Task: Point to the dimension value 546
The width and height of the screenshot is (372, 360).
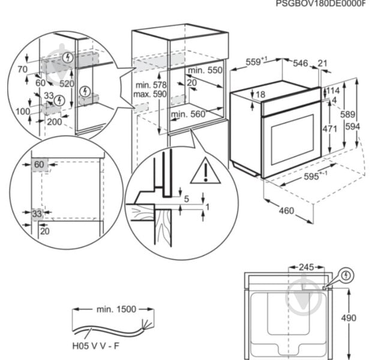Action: pyautogui.click(x=299, y=63)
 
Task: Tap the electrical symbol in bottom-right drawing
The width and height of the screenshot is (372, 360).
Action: pyautogui.click(x=346, y=275)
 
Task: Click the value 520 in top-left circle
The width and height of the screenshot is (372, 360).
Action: pyautogui.click(x=67, y=84)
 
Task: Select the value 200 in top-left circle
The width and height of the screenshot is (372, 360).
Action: pyautogui.click(x=54, y=121)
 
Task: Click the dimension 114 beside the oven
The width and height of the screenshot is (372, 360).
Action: pyautogui.click(x=332, y=91)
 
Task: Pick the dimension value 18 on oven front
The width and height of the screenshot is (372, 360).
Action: pyautogui.click(x=260, y=94)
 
